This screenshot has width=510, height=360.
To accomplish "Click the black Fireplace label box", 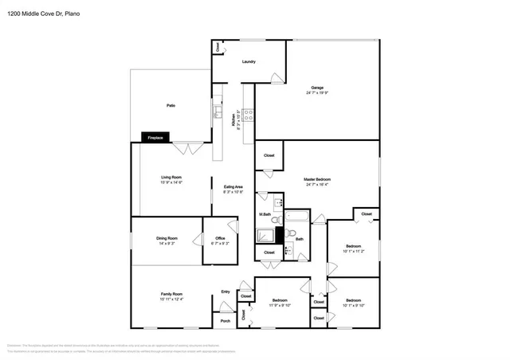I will coord(155,137).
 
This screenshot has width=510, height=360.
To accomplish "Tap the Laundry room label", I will coord(249,61).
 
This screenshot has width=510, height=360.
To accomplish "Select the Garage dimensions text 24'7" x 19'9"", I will coord(317,93).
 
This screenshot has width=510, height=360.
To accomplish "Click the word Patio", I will coord(171,104).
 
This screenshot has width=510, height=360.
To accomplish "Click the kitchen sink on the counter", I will coord(216,112).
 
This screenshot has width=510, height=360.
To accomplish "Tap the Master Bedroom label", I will coord(317,180).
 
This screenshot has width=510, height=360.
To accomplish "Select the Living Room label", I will coord(171,178).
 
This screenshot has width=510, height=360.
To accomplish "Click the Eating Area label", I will coord(233,187).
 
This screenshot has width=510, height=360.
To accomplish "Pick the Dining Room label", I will coord(167,238).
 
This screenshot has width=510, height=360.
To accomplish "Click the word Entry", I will coord(226,292).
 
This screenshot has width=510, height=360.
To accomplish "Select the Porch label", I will coord(225,322).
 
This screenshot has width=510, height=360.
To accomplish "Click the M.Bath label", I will coord(266,214).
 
